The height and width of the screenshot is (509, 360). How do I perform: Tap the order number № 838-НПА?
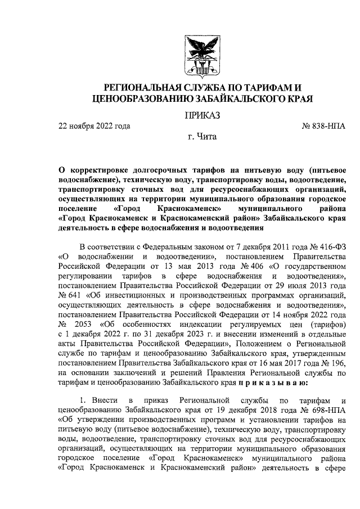pyautogui.click(x=324, y=126)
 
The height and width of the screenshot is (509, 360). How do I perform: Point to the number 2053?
pyautogui.click(x=88, y=325)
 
